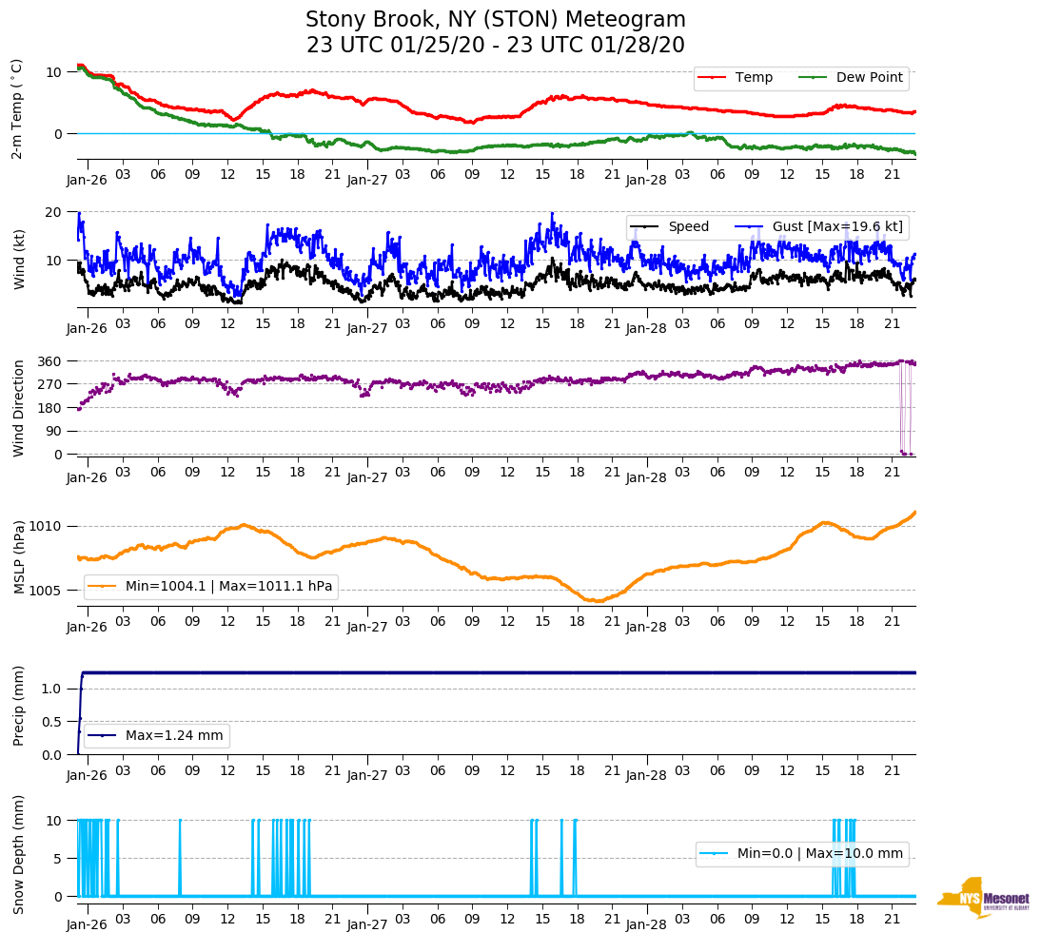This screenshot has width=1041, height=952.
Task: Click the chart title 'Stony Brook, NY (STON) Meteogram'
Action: pos(495,20)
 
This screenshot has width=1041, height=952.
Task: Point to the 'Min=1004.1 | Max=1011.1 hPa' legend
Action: pos(211,587)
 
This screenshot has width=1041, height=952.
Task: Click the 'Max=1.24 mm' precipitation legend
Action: pos(157,735)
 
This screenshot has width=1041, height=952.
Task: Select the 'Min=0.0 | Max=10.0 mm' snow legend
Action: pos(801,854)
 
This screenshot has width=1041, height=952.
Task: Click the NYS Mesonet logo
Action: pos(983,897)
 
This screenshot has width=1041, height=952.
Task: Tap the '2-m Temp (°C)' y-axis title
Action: pos(17,108)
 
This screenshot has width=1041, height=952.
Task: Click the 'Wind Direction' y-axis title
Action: pos(18,407)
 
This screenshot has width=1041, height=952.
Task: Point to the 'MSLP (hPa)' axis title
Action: pos(18,557)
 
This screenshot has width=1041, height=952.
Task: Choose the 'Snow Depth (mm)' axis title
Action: pos(18,854)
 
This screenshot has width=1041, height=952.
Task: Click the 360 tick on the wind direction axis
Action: pos(50,361)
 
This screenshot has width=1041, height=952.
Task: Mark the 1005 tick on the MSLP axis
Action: pos(46,591)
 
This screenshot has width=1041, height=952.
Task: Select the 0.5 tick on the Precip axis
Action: pos(53,722)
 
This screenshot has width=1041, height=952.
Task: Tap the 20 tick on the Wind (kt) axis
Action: pos(54,212)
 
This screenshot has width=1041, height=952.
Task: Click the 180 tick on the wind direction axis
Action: pos(50,408)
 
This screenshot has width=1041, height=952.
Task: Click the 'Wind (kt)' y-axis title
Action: pos(18,258)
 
